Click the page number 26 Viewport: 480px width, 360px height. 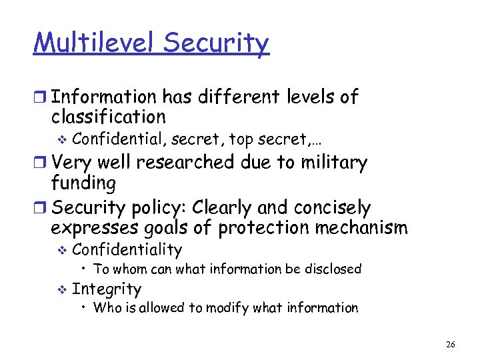click(451, 344)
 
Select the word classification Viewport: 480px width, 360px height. click(108, 117)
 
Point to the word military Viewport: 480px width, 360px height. click(331, 162)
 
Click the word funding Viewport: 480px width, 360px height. click(83, 183)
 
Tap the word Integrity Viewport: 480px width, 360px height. click(107, 289)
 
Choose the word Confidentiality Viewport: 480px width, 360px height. click(127, 250)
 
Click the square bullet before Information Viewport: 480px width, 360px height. click(41, 97)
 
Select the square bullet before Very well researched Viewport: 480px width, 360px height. click(41, 163)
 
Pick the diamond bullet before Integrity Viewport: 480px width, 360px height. click(62, 289)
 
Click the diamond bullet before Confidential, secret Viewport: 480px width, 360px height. click(62, 139)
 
